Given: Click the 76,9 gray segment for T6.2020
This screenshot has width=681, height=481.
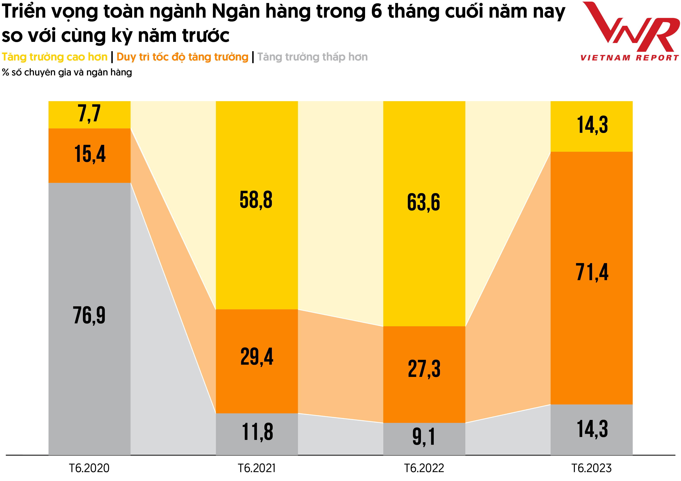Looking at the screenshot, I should point(89,319).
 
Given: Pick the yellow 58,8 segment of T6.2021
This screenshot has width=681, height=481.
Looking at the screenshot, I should point(257,205).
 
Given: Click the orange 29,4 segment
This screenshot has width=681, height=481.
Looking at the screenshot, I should point(257,361).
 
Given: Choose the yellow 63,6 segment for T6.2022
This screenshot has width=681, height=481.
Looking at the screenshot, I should point(424,213).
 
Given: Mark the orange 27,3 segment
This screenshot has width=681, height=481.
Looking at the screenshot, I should point(424,374).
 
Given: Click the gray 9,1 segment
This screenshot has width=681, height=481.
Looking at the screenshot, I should point(424,439).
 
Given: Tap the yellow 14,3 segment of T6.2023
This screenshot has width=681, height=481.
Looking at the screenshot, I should point(591,126).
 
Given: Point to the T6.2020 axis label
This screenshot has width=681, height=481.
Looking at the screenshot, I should point(89,468).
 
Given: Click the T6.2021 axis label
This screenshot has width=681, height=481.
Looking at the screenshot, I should point(257,468).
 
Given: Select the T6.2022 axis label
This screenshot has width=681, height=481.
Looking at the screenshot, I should point(424,468).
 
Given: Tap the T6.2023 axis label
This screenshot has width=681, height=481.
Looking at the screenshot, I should point(591,468).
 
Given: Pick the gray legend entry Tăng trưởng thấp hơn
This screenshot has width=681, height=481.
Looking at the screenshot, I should point(312,57).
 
